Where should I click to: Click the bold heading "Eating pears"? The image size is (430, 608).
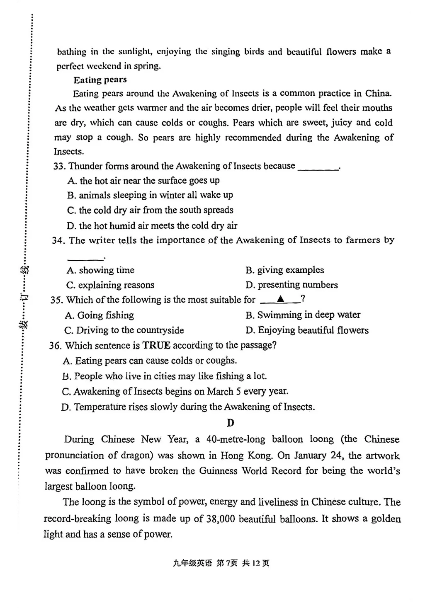pos(100,80)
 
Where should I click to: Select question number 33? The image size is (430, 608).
pos(59,166)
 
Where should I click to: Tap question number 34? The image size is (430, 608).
pos(58,240)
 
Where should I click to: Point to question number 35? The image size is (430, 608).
pos(56,300)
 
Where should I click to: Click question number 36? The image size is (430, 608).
pos(55,346)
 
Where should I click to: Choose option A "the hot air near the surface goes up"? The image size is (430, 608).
pos(143,181)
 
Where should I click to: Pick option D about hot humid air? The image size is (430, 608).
pos(152,226)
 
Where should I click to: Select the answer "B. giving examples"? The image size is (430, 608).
pos(284,270)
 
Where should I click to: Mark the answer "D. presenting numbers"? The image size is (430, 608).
pos(292,285)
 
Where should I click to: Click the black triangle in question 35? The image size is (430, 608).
pos(281,299)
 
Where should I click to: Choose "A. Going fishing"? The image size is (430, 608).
pos(99,315)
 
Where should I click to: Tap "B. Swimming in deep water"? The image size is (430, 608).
pos(303,315)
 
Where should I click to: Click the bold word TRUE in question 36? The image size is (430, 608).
pos(156,345)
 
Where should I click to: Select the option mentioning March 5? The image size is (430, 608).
pos(175,392)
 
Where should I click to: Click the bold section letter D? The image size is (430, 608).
pos(231,423)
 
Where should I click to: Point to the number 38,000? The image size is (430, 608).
pos(220,519)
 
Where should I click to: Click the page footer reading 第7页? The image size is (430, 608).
pos(227,563)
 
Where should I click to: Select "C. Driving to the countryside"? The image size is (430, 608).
pos(124,330)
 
